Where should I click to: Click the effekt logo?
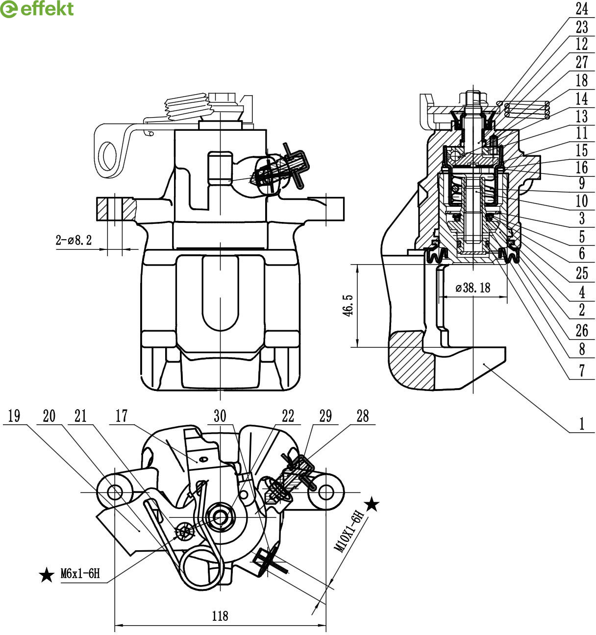tap(37, 9)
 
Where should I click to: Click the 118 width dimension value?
tap(220, 616)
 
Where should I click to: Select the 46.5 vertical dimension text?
tap(348, 306)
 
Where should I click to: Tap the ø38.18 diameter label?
tap(473, 288)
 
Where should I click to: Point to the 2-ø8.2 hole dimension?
tap(74, 240)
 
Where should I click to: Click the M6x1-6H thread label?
tap(80, 573)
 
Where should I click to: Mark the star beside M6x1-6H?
tap(47, 575)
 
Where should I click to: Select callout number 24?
tap(582, 9)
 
